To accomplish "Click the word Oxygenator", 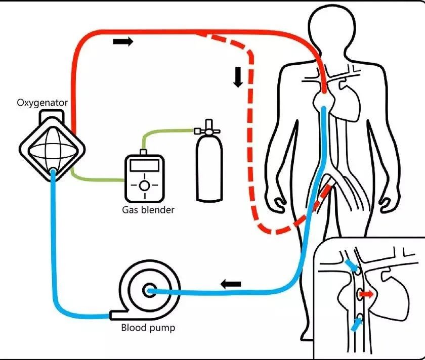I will pos(42,104).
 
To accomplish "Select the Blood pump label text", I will pos(147,328).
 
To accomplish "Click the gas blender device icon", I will pos(144,177).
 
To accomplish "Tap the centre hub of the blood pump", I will pos(149,290).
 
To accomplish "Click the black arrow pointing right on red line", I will pos(123,41).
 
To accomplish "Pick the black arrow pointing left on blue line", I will pos(231,284).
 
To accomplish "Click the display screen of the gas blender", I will pos(144,166).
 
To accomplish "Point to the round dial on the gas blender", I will pos(144,186).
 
